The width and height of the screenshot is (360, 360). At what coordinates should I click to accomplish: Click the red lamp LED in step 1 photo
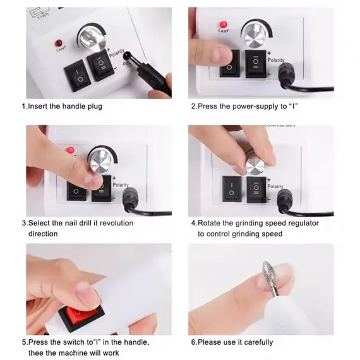59,43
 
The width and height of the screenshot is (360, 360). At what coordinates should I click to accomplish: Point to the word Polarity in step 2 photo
276,60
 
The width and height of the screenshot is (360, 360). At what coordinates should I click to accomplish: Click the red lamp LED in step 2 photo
223,25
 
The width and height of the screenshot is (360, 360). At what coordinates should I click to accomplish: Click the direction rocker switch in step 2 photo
256,64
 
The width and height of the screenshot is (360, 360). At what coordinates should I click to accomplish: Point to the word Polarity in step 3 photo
121,185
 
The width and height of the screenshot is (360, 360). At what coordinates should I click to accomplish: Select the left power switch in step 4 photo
232,189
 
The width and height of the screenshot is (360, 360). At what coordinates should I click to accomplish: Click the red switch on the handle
81,316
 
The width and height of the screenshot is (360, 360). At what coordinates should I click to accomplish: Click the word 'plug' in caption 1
95,107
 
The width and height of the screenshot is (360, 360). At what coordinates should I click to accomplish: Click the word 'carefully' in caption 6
258,342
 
